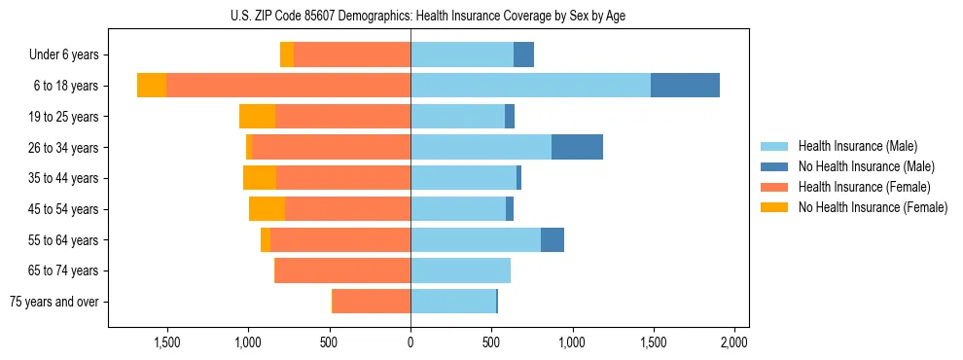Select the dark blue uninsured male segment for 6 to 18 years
685,86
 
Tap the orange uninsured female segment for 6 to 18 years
152,86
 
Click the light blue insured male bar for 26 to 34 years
481,147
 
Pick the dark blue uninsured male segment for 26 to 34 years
577,147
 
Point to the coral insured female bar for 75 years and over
372,301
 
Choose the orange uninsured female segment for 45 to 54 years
267,209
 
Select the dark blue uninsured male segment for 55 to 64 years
553,239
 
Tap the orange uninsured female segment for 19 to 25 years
257,117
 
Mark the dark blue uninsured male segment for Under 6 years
523,55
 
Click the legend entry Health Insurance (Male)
857,146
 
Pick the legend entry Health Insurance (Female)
864,187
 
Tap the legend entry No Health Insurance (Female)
873,207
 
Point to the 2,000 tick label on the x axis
733,342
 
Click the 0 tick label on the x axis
410,342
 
